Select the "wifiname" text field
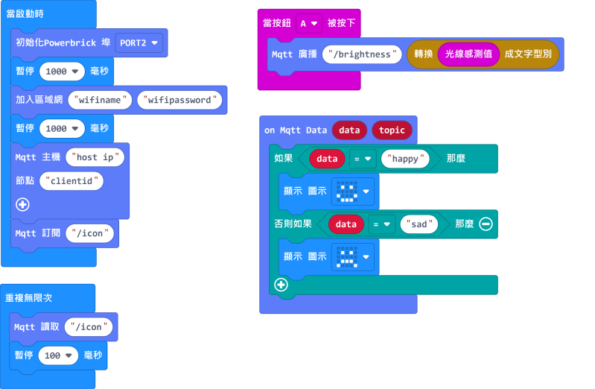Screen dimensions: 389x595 pos(100,100)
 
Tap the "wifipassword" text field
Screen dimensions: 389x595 pos(181,100)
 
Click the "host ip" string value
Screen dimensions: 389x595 pos(95,157)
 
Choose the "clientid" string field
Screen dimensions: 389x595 pos(72,180)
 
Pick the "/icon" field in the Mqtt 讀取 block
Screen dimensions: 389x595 pos(90,326)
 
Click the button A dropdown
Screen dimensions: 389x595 pos(308,23)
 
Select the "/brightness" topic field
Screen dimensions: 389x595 pos(362,54)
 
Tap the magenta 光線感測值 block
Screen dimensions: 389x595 pos(469,54)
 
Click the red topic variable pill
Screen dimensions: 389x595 pos(392,130)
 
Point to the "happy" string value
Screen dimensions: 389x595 pos(406,158)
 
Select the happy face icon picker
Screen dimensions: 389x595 pos(352,192)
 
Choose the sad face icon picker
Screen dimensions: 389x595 pos(352,257)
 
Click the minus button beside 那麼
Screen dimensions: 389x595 pos(486,224)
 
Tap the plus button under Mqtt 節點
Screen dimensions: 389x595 pos(22,203)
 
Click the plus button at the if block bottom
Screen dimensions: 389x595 pos(281,285)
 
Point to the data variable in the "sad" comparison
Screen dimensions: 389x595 pos(346,224)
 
